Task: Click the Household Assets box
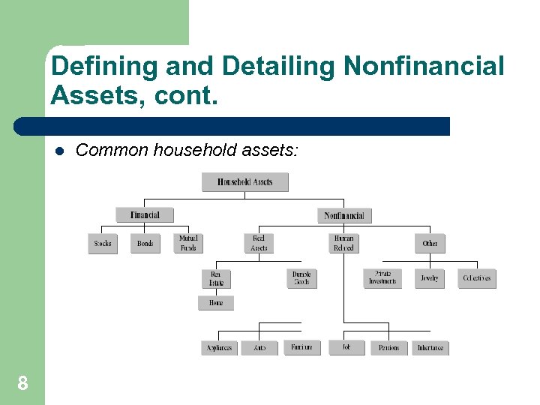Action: [244, 182]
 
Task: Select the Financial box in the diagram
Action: [144, 215]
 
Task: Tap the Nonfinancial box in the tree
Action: [344, 215]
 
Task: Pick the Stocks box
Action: [103, 244]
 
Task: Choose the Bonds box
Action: [145, 244]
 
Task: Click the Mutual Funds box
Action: [188, 243]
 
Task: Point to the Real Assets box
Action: [259, 243]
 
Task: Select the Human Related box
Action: [343, 243]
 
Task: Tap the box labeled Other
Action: [430, 244]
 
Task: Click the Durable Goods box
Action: [301, 278]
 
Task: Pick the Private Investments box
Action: [382, 278]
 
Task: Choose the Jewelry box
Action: [430, 278]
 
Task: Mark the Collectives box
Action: [477, 278]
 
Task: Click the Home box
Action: [216, 303]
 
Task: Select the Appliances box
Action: [220, 348]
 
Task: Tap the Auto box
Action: [260, 348]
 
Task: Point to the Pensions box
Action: [389, 348]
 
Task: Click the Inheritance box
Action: [430, 348]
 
